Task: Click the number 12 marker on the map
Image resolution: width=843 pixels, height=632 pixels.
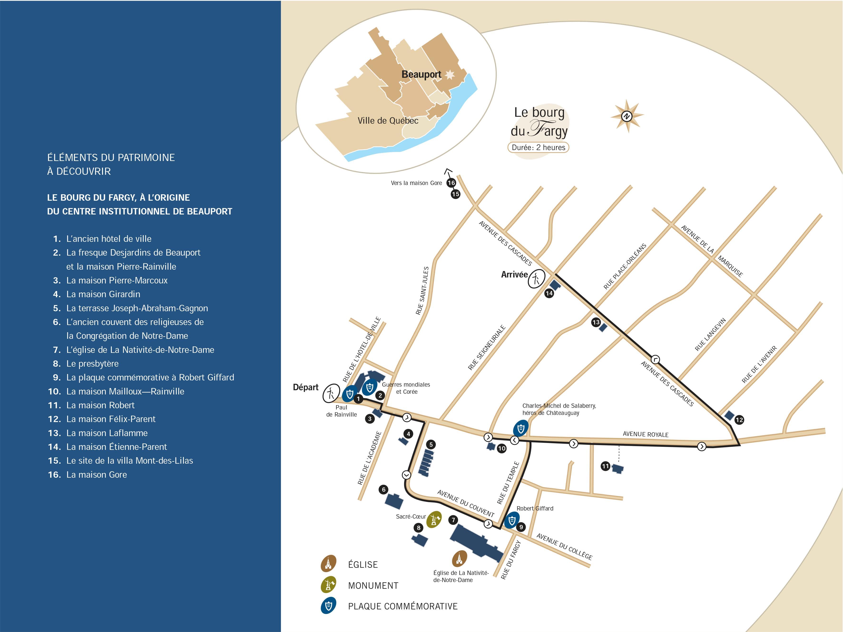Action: click(x=739, y=420)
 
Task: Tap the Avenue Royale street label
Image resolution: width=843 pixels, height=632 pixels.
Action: click(x=645, y=434)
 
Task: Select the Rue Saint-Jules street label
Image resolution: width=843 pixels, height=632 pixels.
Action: click(x=422, y=290)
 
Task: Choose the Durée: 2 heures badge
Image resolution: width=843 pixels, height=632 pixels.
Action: click(x=538, y=147)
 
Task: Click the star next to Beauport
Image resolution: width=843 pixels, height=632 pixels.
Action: click(x=450, y=75)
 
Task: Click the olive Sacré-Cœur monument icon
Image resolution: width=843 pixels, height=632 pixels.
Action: click(x=434, y=519)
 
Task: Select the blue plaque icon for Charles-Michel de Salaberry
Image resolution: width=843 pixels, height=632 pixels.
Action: click(x=521, y=428)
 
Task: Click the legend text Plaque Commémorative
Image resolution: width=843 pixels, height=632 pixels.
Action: click(x=402, y=606)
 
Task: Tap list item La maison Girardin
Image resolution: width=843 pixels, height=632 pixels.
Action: click(x=103, y=294)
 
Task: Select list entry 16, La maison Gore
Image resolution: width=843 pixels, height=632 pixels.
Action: click(x=96, y=475)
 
